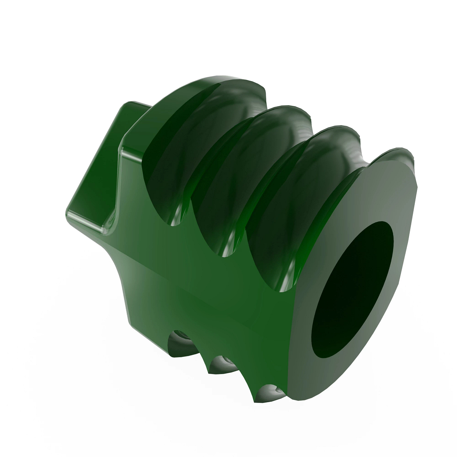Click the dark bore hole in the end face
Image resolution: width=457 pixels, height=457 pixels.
click(x=352, y=289)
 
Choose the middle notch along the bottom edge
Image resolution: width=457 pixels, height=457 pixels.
click(x=221, y=364)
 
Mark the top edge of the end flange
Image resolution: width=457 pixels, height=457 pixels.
click(x=396, y=152)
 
